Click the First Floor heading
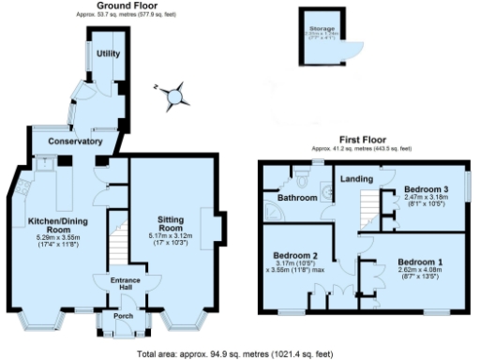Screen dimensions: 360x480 click(362, 142)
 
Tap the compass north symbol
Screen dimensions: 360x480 click(171, 96)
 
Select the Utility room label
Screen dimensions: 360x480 click(108, 53)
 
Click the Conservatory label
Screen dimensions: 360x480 click(76, 141)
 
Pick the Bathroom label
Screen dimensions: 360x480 click(285, 198)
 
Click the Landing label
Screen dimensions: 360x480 click(355, 178)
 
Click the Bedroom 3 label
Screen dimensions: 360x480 click(423, 188)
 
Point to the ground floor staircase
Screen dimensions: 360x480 click(116, 244)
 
